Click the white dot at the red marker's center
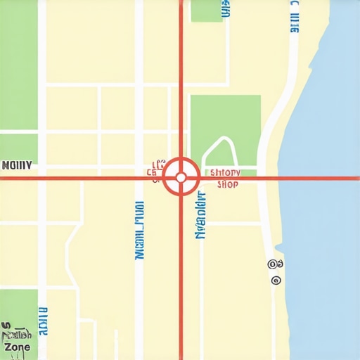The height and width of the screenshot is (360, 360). pyautogui.click(x=181, y=177)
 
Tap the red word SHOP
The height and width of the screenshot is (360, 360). pyautogui.click(x=228, y=185)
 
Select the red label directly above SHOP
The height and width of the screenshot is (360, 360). pyautogui.click(x=226, y=172)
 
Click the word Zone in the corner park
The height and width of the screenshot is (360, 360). pyautogui.click(x=17, y=347)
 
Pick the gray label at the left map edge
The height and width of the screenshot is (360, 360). pyautogui.click(x=16, y=166)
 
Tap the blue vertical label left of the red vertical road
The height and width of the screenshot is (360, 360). pyautogui.click(x=139, y=231)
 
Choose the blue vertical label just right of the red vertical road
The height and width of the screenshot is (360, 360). pyautogui.click(x=202, y=215)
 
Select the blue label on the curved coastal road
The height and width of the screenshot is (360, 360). pyautogui.click(x=294, y=17)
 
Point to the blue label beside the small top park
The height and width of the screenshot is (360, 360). pyautogui.click(x=225, y=8)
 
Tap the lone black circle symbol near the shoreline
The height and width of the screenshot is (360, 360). pyautogui.click(x=276, y=281)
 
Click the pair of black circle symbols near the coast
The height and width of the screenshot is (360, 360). pyautogui.click(x=276, y=264)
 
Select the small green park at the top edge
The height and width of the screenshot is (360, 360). pyautogui.click(x=206, y=10)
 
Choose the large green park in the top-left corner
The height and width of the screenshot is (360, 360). pyautogui.click(x=18, y=63)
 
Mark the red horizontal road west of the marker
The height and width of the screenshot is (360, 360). pyautogui.click(x=77, y=178)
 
